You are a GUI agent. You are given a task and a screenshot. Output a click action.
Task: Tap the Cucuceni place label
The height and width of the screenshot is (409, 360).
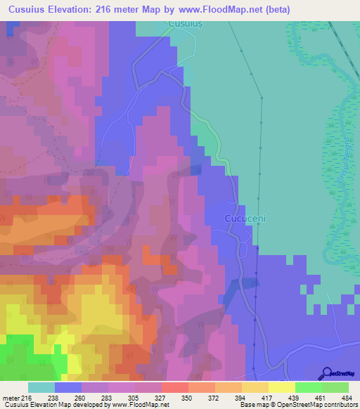(x=244, y=219)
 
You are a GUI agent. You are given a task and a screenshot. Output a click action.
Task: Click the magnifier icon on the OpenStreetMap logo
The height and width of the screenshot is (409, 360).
(x=328, y=373)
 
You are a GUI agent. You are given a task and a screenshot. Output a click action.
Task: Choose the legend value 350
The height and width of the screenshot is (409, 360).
(x=186, y=397)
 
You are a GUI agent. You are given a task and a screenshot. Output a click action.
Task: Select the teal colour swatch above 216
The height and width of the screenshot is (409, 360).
(x=41, y=387)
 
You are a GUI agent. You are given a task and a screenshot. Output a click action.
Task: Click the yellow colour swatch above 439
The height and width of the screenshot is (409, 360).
(x=281, y=387)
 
